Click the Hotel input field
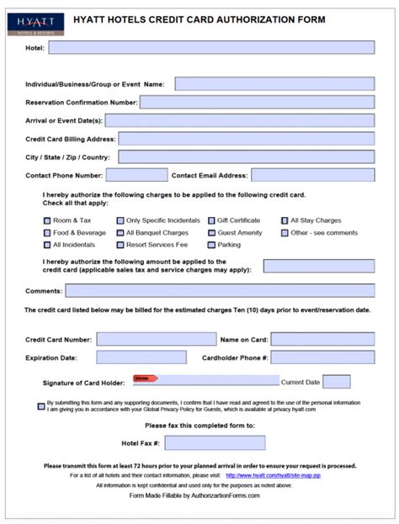[210, 48]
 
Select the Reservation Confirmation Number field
[257, 102]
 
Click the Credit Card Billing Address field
[246, 139]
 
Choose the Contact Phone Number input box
[136, 175]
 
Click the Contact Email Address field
[312, 175]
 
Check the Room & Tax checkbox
[46, 220]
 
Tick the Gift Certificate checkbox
[210, 220]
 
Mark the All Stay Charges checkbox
[285, 220]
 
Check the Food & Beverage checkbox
[46, 233]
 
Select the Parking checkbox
[210, 245]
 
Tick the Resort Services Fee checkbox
[120, 245]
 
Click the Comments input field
[220, 291]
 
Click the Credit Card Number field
[156, 339]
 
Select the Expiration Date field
[141, 357]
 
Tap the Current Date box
[337, 382]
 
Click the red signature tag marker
[145, 378]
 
